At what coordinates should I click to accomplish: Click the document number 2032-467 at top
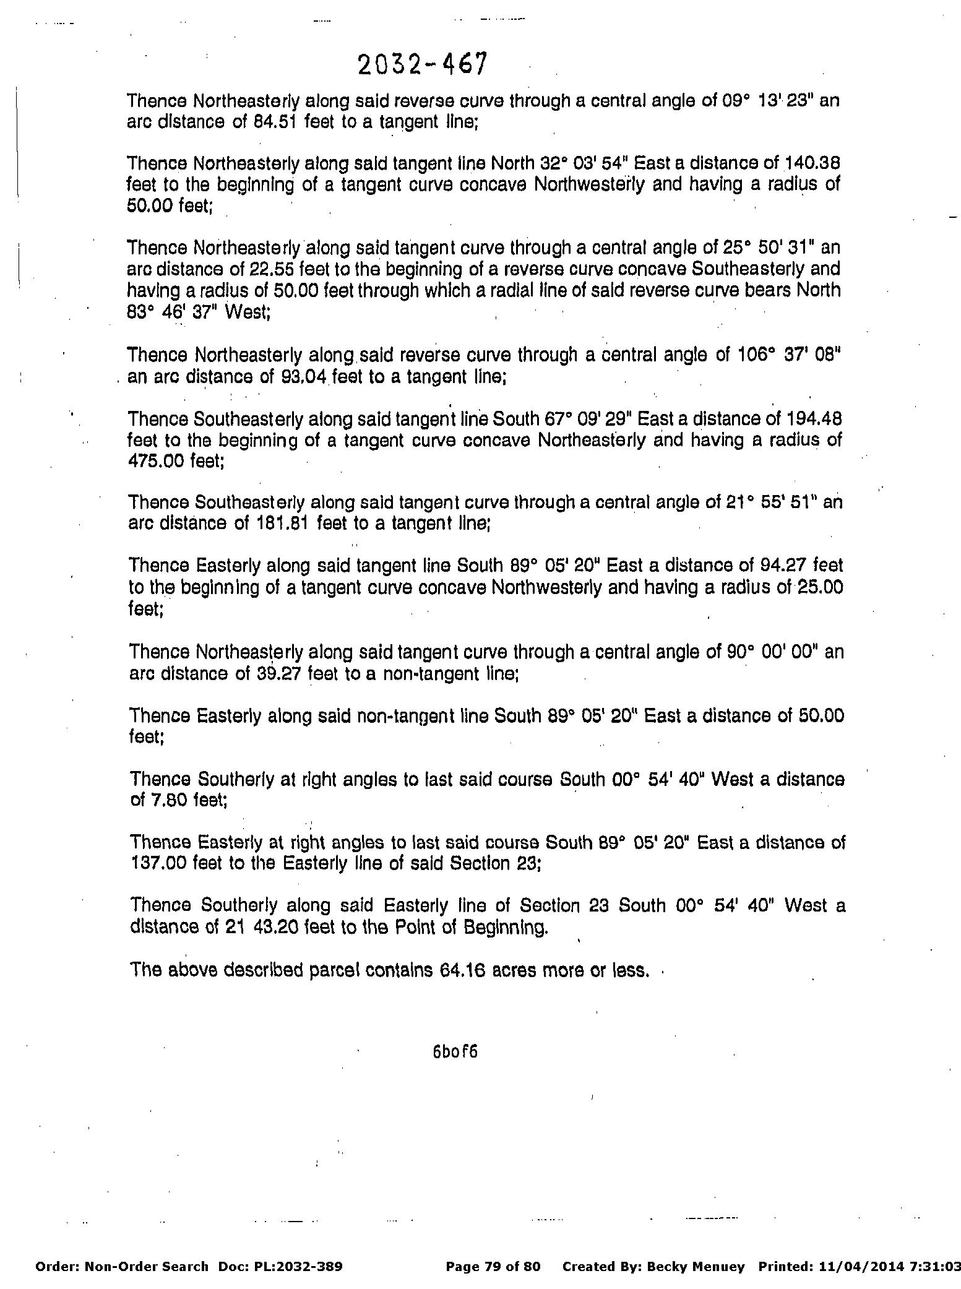click(x=423, y=64)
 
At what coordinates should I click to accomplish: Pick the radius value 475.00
click(x=152, y=462)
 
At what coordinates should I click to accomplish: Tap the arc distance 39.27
click(x=278, y=673)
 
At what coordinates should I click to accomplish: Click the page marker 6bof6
click(x=455, y=1052)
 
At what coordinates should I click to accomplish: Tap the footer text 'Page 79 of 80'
click(x=493, y=1267)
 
